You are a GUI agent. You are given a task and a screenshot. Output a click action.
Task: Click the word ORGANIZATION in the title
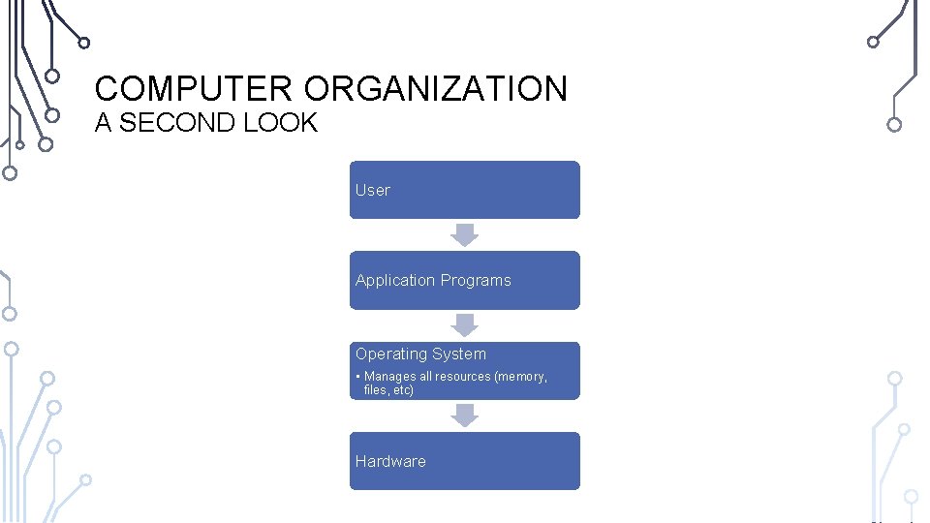435,89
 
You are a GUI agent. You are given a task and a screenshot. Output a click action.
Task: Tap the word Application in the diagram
395,280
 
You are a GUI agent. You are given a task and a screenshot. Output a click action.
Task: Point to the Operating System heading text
420,354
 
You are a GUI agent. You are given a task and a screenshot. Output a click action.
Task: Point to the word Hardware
390,461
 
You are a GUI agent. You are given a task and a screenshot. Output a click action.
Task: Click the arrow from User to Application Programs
465,234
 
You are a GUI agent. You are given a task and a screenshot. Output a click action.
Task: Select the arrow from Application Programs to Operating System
465,324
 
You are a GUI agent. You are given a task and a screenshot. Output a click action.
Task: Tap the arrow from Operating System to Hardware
465,415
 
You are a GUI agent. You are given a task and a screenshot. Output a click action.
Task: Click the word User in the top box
372,190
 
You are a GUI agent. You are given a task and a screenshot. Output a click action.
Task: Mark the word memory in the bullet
521,377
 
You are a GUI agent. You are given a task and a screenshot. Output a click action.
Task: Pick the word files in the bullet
376,390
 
